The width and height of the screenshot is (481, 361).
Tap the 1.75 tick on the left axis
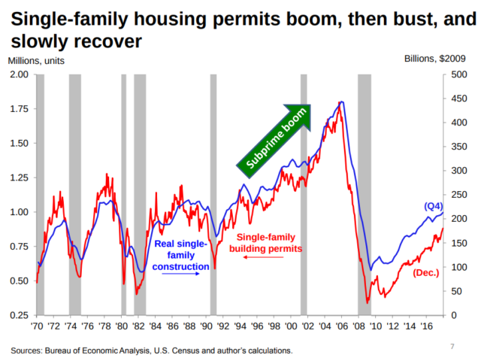click(18, 109)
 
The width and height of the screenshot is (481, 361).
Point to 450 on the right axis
click(459, 99)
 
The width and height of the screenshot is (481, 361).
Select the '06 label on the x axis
click(340, 326)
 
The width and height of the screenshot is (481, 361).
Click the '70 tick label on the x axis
click(36, 326)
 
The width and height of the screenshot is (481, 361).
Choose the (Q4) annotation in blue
click(434, 206)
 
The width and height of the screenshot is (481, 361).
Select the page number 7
click(452, 346)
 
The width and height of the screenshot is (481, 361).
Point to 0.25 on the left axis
click(18, 314)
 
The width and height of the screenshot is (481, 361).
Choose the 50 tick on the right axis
click(456, 290)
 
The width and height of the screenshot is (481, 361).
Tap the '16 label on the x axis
click(425, 326)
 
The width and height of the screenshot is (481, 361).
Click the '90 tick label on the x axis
click(207, 326)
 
